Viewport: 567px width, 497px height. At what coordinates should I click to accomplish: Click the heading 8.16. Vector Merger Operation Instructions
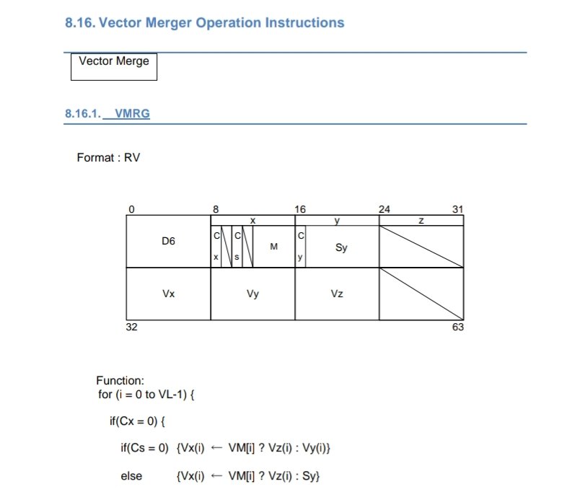click(x=204, y=22)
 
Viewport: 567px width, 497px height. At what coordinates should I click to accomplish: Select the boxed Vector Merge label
click(x=114, y=61)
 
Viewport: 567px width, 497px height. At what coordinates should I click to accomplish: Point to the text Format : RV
click(x=108, y=157)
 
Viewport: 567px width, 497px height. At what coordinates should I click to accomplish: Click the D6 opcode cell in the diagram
click(x=168, y=242)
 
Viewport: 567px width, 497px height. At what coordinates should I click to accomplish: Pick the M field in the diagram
click(x=274, y=247)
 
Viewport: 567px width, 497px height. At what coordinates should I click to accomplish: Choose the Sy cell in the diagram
click(x=342, y=247)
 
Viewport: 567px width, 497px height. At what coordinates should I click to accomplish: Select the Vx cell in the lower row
click(x=168, y=294)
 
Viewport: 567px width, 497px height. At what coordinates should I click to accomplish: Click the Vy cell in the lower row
click(x=252, y=294)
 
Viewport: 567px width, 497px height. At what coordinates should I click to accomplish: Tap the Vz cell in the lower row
click(x=337, y=294)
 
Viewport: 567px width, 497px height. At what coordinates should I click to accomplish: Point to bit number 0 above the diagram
click(x=131, y=209)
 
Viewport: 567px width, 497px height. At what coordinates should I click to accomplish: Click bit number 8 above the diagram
click(x=216, y=209)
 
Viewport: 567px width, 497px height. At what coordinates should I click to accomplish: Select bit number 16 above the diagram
click(x=300, y=209)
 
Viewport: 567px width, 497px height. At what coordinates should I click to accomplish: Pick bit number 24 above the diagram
click(x=384, y=209)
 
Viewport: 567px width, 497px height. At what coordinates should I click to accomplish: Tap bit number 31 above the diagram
click(x=457, y=209)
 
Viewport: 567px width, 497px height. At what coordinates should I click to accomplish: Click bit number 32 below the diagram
click(x=133, y=327)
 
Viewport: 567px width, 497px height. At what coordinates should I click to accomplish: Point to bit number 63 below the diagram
click(x=458, y=327)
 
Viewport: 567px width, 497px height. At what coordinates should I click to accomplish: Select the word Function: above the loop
click(x=120, y=380)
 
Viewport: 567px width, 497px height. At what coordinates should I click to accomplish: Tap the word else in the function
click(x=131, y=476)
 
